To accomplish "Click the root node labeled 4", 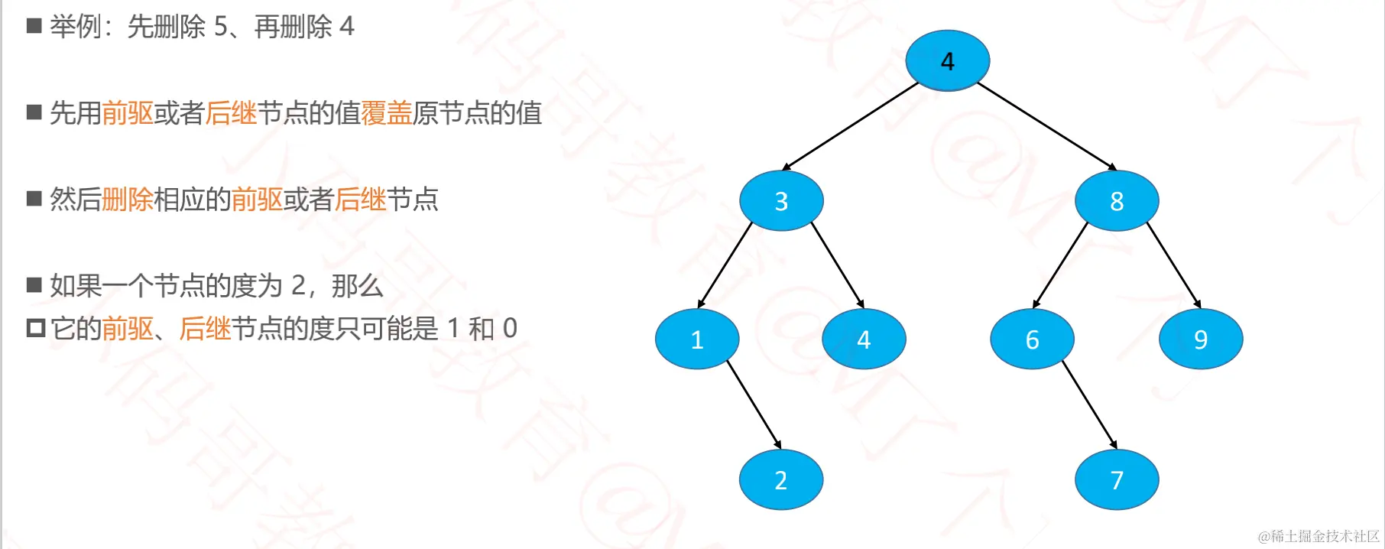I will [x=947, y=60].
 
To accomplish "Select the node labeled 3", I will [x=781, y=200].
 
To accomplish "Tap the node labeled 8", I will [x=1117, y=200].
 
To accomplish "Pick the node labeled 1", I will [x=697, y=339].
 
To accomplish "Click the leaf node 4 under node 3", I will [x=864, y=339].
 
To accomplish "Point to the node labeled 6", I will [x=1032, y=339].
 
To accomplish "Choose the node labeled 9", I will [x=1201, y=339].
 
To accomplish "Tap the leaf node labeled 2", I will [x=780, y=479].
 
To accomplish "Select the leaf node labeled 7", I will [x=1117, y=479].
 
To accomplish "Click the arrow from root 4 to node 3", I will [x=850, y=125].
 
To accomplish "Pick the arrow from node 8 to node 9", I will [x=1173, y=265].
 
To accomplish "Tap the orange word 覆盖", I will [x=387, y=113].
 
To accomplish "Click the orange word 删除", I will [x=128, y=200].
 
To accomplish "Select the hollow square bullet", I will [x=35, y=329].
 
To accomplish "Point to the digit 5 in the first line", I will [x=221, y=27].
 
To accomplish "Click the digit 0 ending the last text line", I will [x=510, y=329].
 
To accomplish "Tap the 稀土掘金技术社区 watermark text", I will [x=1319, y=537].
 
